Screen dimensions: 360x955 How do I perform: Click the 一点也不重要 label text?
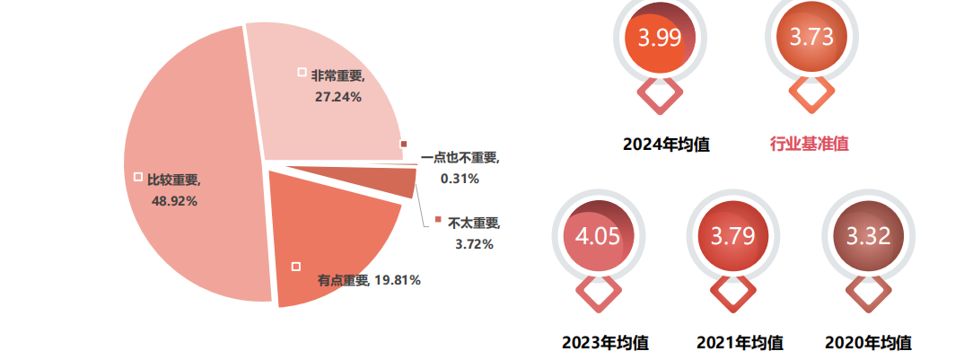pyautogui.click(x=460, y=158)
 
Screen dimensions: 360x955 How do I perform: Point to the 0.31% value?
pyautogui.click(x=460, y=179)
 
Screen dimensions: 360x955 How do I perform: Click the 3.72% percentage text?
pyautogui.click(x=474, y=244)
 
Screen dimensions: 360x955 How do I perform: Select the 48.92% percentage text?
pyautogui.click(x=175, y=200)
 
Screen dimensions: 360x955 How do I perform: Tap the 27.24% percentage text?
pyautogui.click(x=337, y=96)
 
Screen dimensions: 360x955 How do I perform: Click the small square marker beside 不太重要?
pyautogui.click(x=438, y=221)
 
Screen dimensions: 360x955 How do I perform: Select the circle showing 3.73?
pyautogui.click(x=811, y=38)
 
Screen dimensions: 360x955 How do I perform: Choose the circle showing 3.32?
pyautogui.click(x=868, y=238)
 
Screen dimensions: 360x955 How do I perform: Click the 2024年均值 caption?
pyautogui.click(x=666, y=144)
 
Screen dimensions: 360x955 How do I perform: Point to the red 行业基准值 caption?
pyautogui.click(x=810, y=144)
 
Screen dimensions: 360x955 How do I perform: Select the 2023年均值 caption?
pyautogui.click(x=605, y=342)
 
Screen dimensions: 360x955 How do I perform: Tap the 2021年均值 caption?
pyautogui.click(x=740, y=342)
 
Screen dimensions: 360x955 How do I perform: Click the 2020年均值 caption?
pyautogui.click(x=868, y=342)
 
